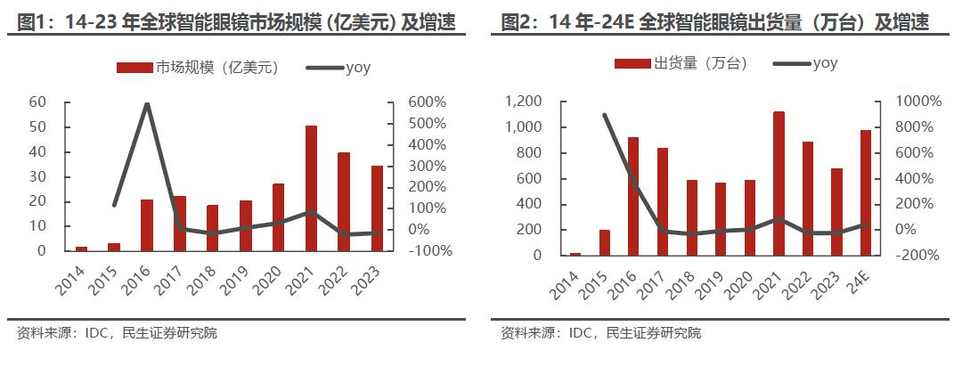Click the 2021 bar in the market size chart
tap(311, 188)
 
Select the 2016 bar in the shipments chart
tap(633, 196)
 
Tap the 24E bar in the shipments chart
tap(865, 192)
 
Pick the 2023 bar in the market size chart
tap(377, 208)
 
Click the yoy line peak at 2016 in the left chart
tap(147, 104)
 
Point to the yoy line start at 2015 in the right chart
tap(606, 115)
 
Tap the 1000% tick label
tap(917, 102)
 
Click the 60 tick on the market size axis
tap(37, 102)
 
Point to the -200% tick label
tap(917, 255)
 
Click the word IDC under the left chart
tap(98, 333)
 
